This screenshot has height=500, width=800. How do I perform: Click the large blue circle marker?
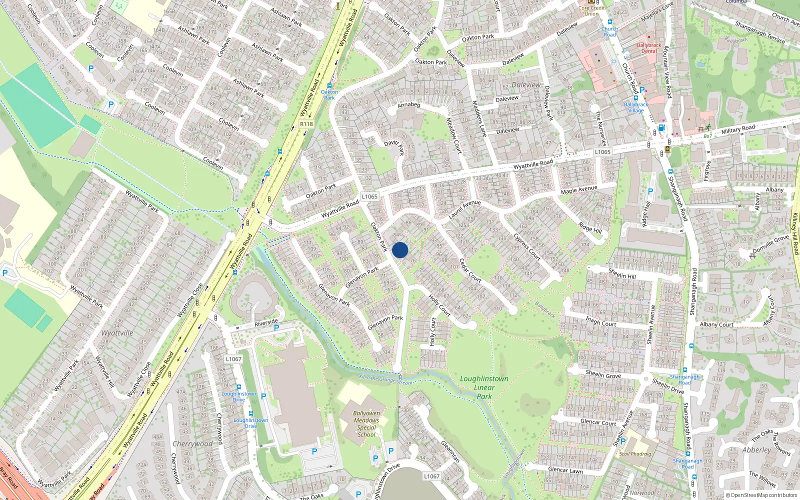click(x=400, y=250)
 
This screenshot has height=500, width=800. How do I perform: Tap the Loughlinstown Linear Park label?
click(x=484, y=387)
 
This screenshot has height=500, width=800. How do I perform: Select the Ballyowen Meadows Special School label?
click(x=366, y=424)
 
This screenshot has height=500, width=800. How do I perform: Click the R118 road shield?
click(x=306, y=124)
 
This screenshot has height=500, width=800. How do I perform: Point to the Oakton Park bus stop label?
click(x=329, y=95)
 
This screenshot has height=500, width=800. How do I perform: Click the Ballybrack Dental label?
click(x=649, y=48)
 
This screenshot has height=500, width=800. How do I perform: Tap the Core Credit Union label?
click(x=591, y=10)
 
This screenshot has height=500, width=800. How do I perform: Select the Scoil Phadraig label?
click(x=635, y=454)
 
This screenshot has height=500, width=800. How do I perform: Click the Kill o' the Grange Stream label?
click(x=386, y=379)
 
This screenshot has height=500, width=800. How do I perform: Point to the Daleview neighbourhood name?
click(x=526, y=85)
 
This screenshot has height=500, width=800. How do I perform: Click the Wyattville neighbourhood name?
click(x=117, y=333)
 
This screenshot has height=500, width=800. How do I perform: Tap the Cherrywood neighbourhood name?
click(x=192, y=443)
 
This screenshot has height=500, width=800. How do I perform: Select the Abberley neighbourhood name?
click(x=756, y=450)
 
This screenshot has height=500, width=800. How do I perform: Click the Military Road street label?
click(x=738, y=129)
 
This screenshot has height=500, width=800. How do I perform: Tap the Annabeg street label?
click(x=409, y=105)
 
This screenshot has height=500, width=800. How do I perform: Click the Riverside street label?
click(x=266, y=322)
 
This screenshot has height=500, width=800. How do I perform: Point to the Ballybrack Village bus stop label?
click(x=636, y=107)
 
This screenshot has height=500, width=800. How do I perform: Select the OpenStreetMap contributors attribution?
click(x=761, y=495)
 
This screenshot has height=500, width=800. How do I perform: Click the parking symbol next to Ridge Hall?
click(x=650, y=191)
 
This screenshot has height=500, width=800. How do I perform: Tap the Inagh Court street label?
click(x=601, y=321)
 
